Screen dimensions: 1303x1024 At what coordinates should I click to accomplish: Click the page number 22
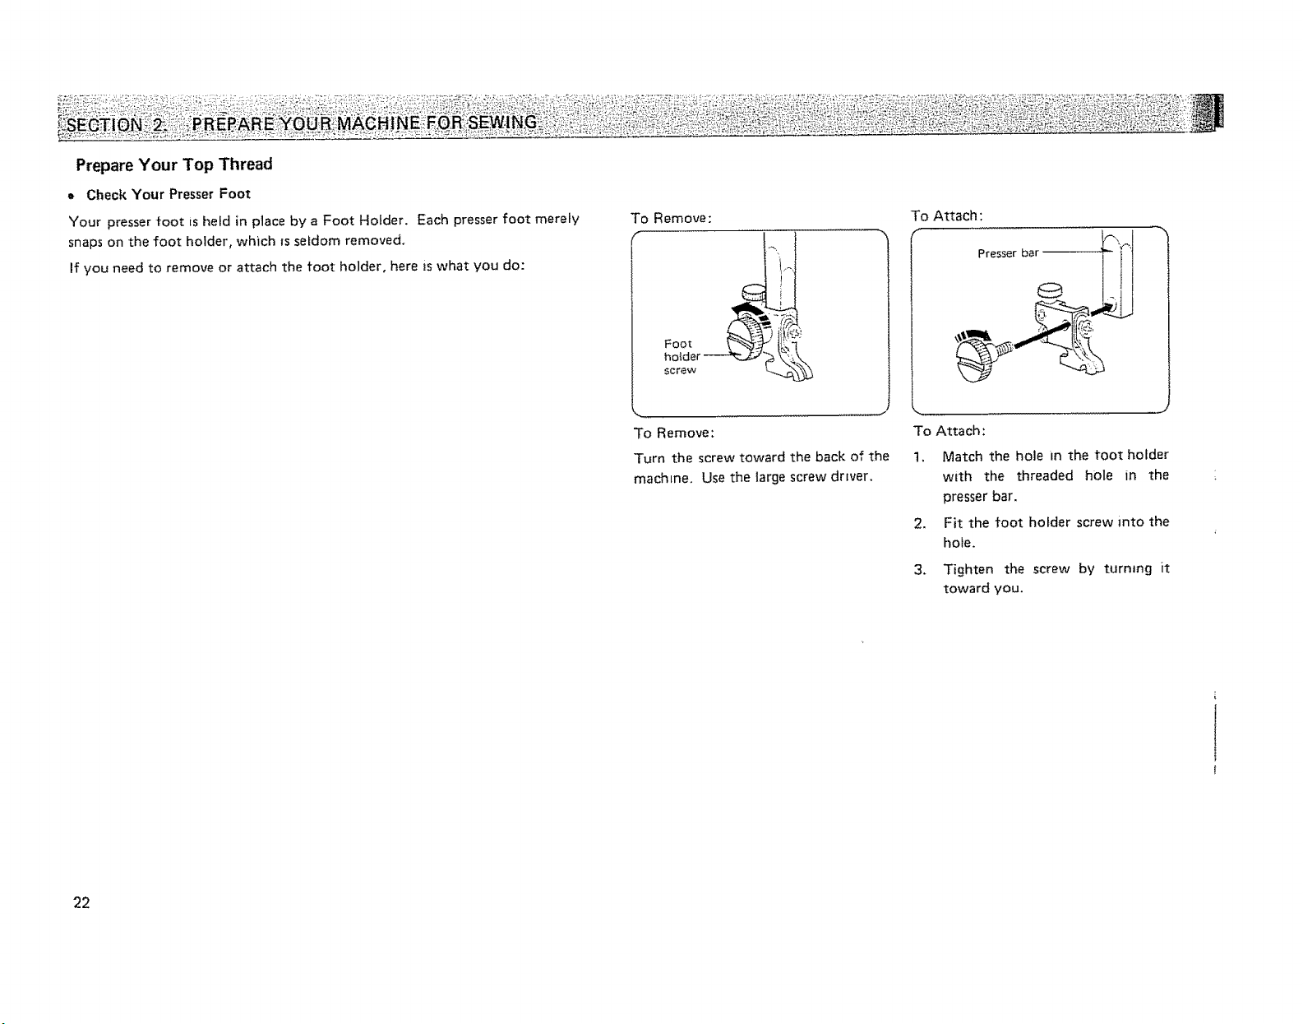pyautogui.click(x=81, y=903)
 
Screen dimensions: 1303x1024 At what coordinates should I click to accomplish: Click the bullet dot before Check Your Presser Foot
pyautogui.click(x=72, y=196)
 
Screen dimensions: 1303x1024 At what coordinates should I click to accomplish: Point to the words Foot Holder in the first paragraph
pyautogui.click(x=365, y=220)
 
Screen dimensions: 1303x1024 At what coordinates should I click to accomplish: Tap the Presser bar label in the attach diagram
pyautogui.click(x=1007, y=253)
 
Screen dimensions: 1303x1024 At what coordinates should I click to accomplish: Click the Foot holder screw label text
pyautogui.click(x=682, y=356)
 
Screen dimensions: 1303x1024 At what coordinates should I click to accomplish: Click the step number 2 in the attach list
pyautogui.click(x=919, y=524)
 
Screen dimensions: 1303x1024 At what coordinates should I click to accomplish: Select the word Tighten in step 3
pyautogui.click(x=968, y=569)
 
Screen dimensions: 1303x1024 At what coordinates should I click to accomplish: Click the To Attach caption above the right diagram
pyautogui.click(x=946, y=216)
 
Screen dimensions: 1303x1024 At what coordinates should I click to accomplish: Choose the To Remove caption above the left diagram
pyautogui.click(x=671, y=218)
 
